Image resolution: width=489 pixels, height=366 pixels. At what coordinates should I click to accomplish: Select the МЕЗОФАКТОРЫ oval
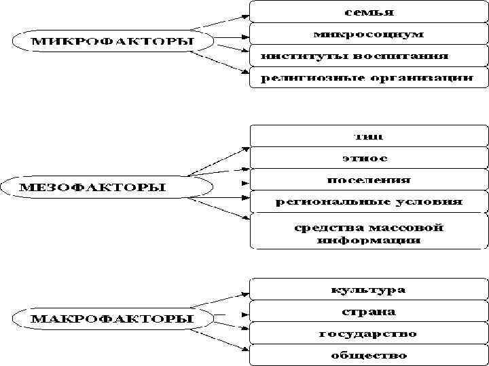click(x=96, y=186)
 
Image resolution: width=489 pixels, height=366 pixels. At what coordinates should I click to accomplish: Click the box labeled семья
click(x=369, y=12)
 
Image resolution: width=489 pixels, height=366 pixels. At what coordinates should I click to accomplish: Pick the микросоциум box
click(x=369, y=33)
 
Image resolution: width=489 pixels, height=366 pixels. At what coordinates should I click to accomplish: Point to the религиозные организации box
click(x=369, y=77)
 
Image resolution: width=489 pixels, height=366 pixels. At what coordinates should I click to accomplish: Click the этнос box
click(x=369, y=158)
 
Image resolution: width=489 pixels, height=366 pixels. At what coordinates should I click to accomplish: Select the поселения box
click(x=369, y=180)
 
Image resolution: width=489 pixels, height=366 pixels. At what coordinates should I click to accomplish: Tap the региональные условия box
click(x=369, y=201)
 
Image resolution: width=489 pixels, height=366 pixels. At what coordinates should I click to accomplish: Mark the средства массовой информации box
click(x=369, y=232)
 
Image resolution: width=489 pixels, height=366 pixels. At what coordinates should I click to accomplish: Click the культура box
click(x=369, y=289)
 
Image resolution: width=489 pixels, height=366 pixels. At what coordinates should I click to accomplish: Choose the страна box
click(x=369, y=312)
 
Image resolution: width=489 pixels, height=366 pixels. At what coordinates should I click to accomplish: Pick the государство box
click(x=369, y=333)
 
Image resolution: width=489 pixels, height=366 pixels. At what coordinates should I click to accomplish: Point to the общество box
click(x=369, y=355)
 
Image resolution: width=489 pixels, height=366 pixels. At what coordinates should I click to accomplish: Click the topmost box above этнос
click(x=369, y=136)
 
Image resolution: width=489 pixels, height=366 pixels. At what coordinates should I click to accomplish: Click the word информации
click(x=368, y=240)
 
